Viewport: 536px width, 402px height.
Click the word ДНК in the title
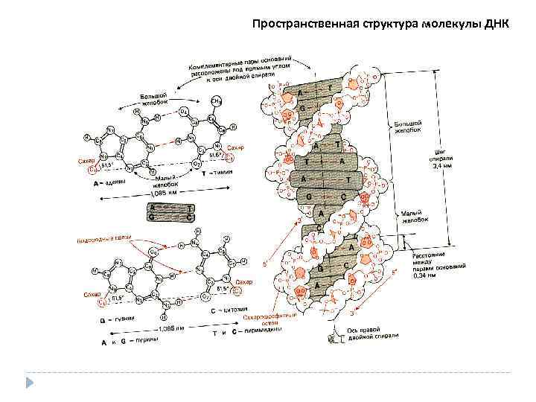(x=495, y=23)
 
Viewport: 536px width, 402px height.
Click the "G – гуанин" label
(x=118, y=319)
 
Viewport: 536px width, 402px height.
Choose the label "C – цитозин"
(x=229, y=308)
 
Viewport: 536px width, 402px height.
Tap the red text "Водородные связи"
(x=103, y=239)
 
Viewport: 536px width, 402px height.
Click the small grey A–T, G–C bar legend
(x=172, y=213)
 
